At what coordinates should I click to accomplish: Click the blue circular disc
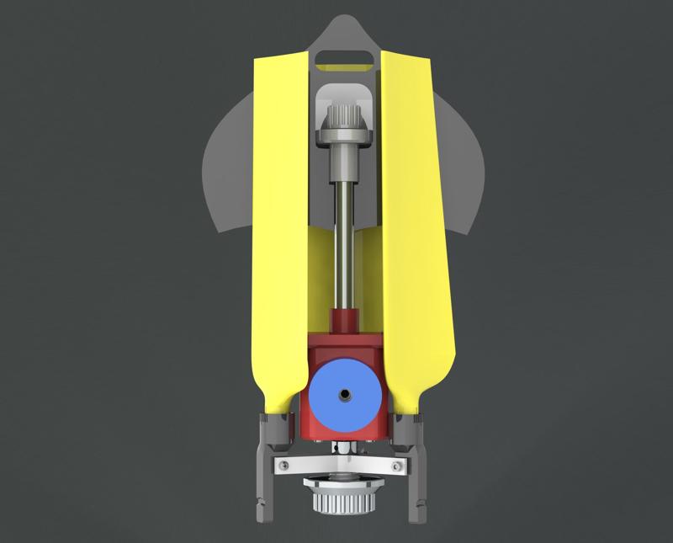pos(324,396)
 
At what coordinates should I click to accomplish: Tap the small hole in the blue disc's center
pos(343,393)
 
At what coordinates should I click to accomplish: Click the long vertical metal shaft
pos(343,236)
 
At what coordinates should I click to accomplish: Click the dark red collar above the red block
pos(343,321)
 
